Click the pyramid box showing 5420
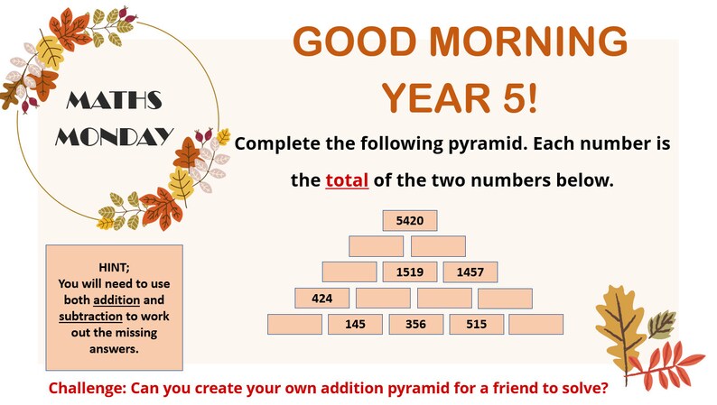[x=409, y=221]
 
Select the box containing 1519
[x=409, y=272]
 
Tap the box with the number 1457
[x=470, y=272]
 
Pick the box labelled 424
[x=322, y=299]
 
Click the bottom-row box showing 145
[x=355, y=325]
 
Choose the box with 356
[x=415, y=325]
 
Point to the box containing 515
[x=476, y=325]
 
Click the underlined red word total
[x=347, y=179]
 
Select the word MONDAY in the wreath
[x=115, y=136]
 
